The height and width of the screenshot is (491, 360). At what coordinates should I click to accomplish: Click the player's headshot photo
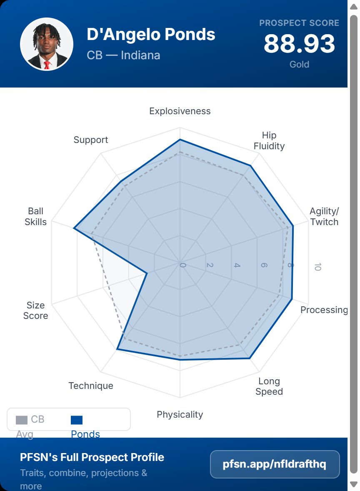47,44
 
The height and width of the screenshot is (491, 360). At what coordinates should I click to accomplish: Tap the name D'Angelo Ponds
151,35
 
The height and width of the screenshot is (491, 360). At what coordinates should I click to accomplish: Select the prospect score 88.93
299,44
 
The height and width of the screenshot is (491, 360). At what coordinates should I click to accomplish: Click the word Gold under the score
299,65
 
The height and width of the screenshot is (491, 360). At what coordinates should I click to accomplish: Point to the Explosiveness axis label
180,111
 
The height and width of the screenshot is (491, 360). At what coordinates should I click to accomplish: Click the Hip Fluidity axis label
269,140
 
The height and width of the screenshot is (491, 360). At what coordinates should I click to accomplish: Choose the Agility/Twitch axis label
324,216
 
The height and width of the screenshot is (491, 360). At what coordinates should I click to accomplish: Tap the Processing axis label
324,310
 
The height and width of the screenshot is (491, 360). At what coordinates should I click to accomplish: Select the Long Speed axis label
269,386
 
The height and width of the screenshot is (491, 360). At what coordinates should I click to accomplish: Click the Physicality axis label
180,414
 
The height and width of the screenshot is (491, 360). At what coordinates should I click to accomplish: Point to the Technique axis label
91,386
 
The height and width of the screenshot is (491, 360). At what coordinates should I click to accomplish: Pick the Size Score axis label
36,311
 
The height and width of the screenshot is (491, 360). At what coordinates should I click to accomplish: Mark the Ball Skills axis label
36,216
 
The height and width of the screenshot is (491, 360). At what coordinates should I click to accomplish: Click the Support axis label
91,140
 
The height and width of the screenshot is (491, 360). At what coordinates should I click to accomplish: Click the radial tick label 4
237,266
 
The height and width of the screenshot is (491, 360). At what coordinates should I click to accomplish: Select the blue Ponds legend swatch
77,420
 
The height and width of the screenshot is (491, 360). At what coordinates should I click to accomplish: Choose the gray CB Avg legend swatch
22,420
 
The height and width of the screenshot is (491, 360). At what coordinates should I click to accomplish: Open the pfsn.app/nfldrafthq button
275,464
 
